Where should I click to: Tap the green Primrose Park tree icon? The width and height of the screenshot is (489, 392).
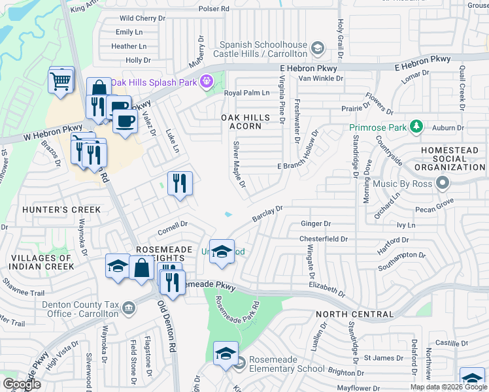(415, 127)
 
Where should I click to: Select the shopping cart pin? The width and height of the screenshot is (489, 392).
(60, 82)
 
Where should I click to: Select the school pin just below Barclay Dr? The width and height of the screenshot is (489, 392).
(222, 252)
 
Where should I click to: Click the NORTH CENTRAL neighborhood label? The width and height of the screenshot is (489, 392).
(354, 314)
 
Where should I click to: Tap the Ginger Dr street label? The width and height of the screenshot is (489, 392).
(316, 223)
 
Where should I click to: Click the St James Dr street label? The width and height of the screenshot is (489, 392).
(380, 357)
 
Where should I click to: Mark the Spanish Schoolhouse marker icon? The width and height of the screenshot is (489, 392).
(317, 47)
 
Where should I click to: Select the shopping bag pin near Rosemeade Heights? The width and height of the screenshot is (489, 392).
(141, 267)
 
